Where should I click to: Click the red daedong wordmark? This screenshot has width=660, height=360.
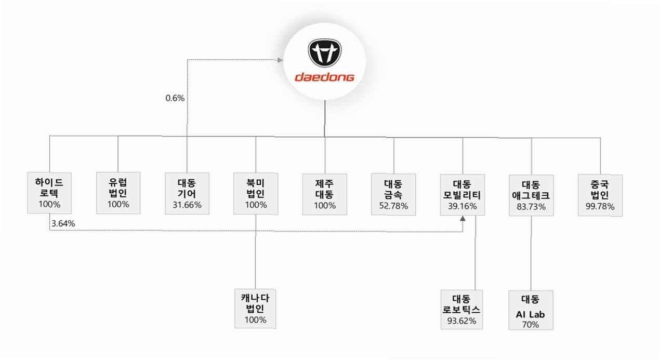(325, 78)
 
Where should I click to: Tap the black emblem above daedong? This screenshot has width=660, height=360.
(325, 52)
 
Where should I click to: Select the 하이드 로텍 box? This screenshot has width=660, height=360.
(49, 193)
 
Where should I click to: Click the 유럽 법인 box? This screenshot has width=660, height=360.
(118, 193)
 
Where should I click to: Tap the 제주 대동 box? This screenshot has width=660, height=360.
(325, 194)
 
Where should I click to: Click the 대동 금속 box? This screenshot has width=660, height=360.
(393, 194)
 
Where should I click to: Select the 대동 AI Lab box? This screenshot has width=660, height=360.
(531, 310)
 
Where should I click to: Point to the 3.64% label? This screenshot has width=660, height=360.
(63, 223)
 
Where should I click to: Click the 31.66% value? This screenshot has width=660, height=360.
(187, 205)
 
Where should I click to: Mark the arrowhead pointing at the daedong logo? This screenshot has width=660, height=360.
(280, 60)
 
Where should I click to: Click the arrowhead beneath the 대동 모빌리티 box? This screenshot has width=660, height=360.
(463, 220)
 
